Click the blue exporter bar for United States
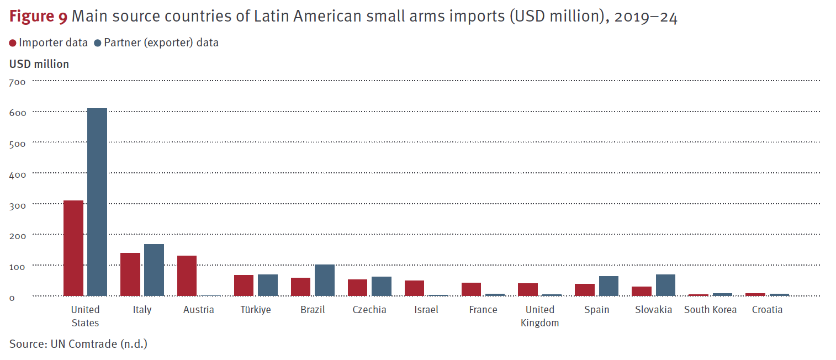tap(97, 202)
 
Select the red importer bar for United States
tap(73, 248)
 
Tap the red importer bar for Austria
tap(187, 276)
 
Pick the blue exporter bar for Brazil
tap(324, 280)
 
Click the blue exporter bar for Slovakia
tap(665, 285)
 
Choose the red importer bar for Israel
tap(414, 288)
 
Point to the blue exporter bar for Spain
tap(609, 286)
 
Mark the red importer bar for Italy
tap(130, 274)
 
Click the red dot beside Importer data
tap(13, 43)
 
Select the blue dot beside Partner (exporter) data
tap(98, 43)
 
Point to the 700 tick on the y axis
tap(17, 82)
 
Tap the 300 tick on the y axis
tap(17, 205)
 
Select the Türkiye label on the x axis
tap(255, 310)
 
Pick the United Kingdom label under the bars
tap(539, 316)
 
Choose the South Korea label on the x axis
tap(710, 310)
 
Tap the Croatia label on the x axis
tap(767, 310)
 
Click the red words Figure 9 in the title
tap(38, 18)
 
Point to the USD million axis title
tap(39, 64)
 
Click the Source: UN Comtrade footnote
tap(78, 344)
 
